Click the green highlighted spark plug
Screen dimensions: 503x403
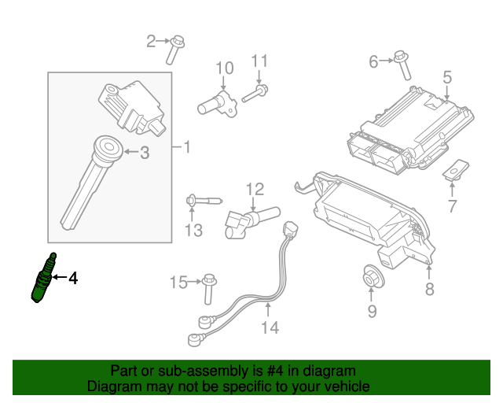click(44, 278)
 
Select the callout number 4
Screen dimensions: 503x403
click(73, 278)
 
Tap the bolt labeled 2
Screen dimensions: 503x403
click(174, 50)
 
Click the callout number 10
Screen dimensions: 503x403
click(225, 68)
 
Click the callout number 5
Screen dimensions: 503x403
click(447, 77)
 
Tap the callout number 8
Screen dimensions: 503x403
click(430, 289)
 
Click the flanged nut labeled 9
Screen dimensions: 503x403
click(373, 277)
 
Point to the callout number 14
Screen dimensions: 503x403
click(270, 327)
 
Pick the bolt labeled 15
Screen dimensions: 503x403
click(210, 289)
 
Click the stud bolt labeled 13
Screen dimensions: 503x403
click(204, 201)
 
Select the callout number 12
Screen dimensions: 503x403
click(255, 189)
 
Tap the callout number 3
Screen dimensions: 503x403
click(145, 153)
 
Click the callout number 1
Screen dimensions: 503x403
click(187, 147)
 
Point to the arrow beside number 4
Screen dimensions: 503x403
click(60, 277)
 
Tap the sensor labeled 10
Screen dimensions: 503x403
click(218, 103)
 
